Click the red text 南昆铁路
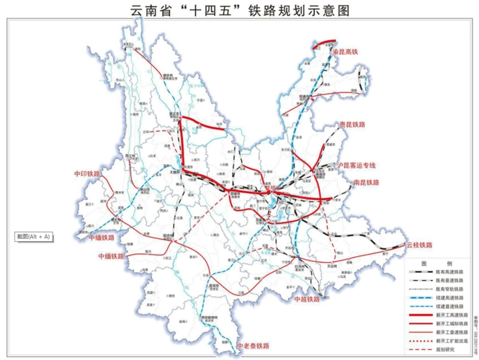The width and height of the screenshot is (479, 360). [x=367, y=184]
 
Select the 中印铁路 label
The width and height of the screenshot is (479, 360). [x=89, y=174]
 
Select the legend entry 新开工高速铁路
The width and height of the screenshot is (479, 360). [x=451, y=316]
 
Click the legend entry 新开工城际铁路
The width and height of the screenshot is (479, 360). [x=451, y=325]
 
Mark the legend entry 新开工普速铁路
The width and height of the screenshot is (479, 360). [x=451, y=333]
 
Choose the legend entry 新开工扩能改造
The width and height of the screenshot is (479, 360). [x=451, y=342]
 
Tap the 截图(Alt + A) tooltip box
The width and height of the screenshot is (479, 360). [x=35, y=236]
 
